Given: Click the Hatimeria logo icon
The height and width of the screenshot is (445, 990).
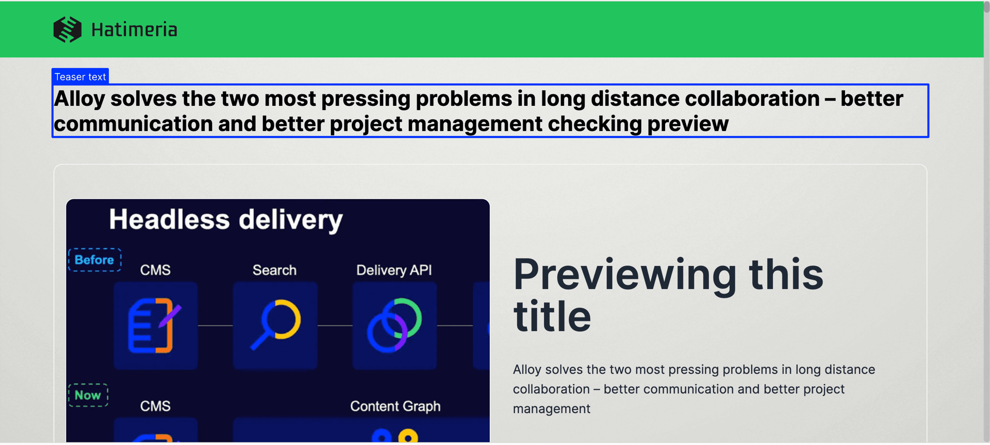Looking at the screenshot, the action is (68, 29).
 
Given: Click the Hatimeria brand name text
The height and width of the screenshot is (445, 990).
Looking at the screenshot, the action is (134, 30).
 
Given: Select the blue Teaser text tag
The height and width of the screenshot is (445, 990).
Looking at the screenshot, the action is (80, 76).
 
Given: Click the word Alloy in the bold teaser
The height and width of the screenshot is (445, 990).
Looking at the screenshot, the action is (79, 99).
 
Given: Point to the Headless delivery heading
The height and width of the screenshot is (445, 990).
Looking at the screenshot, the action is (226, 220).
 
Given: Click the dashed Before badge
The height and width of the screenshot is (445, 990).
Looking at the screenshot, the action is (95, 260).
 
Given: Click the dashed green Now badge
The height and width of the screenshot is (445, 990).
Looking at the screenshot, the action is (88, 395).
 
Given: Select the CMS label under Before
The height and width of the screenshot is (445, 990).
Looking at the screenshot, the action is (155, 270).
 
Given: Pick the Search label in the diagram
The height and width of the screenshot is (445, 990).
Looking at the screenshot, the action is (274, 270).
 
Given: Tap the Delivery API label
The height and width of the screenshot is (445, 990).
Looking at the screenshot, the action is (394, 271).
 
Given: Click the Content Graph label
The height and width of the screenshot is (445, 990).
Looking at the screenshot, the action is (395, 406).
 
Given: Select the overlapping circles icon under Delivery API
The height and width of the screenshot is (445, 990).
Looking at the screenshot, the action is (394, 325).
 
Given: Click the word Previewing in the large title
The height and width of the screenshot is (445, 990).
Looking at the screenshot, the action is (625, 275).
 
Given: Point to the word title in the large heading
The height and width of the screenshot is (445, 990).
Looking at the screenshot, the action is (552, 316).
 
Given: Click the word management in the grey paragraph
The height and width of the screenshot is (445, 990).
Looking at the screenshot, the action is (552, 409).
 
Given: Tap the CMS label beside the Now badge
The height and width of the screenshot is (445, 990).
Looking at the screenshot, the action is (155, 406).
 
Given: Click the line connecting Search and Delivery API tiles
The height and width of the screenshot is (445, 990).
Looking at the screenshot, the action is (335, 326).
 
